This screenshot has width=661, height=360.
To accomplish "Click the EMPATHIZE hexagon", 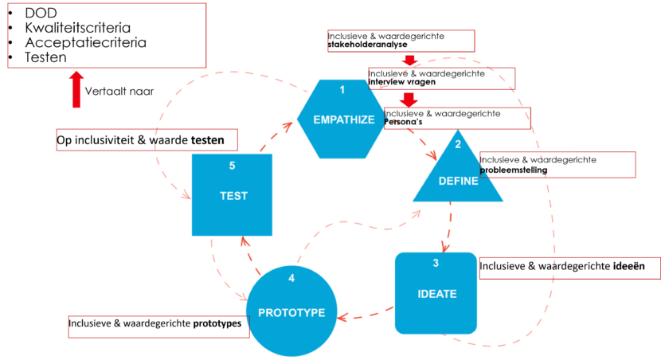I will [x=342, y=119].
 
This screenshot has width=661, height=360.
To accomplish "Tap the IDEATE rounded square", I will [x=436, y=293].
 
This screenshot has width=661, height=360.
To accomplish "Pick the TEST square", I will [x=233, y=195].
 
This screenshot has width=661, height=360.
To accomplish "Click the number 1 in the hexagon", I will [x=342, y=89].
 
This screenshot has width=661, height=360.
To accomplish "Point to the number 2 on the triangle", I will [x=458, y=144].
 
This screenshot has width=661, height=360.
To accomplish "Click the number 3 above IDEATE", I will [x=436, y=264].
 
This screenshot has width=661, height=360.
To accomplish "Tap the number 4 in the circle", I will [x=291, y=278].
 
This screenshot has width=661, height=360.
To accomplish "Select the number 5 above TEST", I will [x=233, y=166].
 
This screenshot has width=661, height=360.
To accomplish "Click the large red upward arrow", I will [x=76, y=89].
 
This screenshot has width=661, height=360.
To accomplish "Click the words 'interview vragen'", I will [x=401, y=82].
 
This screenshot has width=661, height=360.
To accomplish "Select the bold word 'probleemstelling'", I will [x=513, y=170].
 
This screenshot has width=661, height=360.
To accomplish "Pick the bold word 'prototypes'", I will [x=217, y=324].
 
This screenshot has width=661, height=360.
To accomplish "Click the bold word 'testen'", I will [x=213, y=140].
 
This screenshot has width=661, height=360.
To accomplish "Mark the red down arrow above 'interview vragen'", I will [x=410, y=61].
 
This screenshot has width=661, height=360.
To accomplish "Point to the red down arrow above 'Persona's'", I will [x=409, y=100].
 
